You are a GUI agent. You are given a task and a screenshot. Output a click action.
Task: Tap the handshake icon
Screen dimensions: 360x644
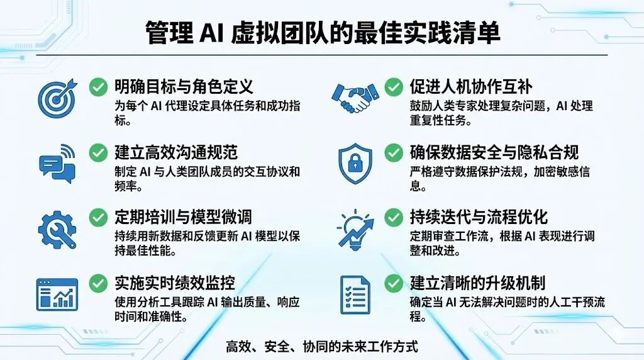[355, 98]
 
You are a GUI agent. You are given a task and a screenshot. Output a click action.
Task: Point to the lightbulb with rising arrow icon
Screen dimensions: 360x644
[355, 228]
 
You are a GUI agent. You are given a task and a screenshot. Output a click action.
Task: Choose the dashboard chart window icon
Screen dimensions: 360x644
[57, 295]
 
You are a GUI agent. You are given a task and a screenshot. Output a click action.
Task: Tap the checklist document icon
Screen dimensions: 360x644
[355, 295]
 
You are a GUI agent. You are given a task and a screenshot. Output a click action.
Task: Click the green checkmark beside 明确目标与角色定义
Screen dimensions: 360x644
[98, 86]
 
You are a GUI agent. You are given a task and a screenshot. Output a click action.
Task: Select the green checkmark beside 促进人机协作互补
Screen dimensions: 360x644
[394, 86]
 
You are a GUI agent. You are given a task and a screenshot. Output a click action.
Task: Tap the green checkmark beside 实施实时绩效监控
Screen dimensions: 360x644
[98, 283]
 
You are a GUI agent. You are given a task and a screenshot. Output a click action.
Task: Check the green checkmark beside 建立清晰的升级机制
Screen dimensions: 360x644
[394, 283]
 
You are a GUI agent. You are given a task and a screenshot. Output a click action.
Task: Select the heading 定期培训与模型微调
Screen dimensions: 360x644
[183, 217]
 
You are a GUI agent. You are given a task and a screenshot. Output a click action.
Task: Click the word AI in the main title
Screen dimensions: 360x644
[212, 33]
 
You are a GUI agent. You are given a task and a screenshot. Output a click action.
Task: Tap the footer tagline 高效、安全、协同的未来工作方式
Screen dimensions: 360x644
[321, 346]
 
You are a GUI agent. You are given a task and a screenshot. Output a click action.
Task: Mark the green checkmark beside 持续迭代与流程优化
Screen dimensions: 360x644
[394, 217]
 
